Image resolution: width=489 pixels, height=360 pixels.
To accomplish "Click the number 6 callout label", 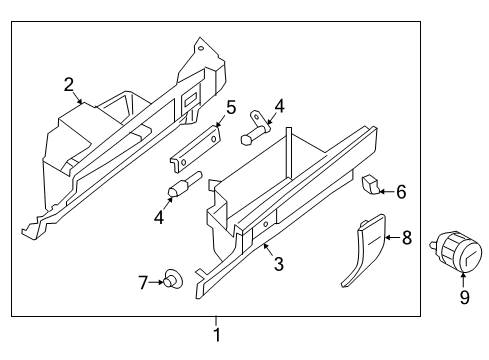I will coord(401,190).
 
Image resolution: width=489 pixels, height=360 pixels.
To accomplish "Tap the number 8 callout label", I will coord(406,237).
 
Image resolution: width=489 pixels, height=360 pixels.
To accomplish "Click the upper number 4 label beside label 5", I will coord(279,105).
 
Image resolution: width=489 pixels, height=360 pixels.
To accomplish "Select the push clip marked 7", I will coord(173,281).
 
